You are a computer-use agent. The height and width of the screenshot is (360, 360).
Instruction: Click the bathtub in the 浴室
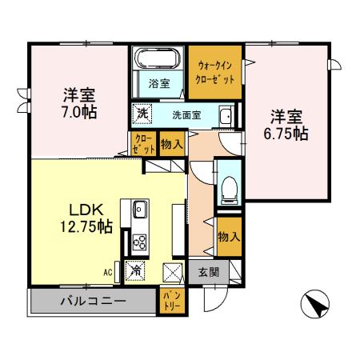(158, 58)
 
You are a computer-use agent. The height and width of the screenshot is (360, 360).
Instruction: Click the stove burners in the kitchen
(139, 242)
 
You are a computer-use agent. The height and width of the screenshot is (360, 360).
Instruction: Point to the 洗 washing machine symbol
(142, 114)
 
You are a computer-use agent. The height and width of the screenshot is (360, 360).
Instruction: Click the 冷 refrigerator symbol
(135, 271)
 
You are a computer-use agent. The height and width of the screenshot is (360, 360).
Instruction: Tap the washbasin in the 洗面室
(226, 116)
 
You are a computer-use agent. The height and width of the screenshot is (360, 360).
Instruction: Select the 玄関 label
(209, 272)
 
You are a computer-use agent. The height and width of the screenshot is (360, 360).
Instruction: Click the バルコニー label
(93, 302)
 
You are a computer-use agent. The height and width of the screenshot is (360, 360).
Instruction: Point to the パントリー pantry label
(172, 302)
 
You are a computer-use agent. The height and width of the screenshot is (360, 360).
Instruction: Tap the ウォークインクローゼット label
(215, 73)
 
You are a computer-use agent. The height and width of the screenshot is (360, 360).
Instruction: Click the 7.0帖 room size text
(79, 112)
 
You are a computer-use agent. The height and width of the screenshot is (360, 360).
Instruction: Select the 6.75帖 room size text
(286, 134)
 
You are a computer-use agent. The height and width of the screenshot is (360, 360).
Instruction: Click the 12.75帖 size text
(86, 227)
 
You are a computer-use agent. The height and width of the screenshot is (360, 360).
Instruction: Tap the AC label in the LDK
(108, 272)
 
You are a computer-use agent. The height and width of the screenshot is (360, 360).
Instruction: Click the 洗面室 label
(186, 115)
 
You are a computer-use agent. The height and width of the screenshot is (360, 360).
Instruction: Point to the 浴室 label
(159, 84)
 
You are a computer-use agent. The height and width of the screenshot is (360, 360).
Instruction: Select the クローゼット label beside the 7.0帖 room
(144, 144)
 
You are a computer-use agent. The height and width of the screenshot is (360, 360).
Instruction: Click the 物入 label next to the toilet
(229, 237)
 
